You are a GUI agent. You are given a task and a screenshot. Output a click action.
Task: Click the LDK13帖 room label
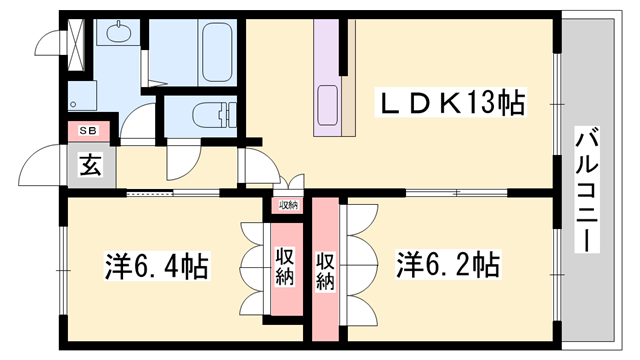(x=450, y=103)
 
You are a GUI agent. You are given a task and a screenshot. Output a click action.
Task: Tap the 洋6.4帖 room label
(x=158, y=267)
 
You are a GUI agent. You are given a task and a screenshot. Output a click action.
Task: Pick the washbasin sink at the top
(x=119, y=35)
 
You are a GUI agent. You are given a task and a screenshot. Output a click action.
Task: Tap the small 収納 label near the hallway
(x=289, y=205)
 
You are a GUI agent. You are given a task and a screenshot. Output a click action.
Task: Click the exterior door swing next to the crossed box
(x=48, y=42)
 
